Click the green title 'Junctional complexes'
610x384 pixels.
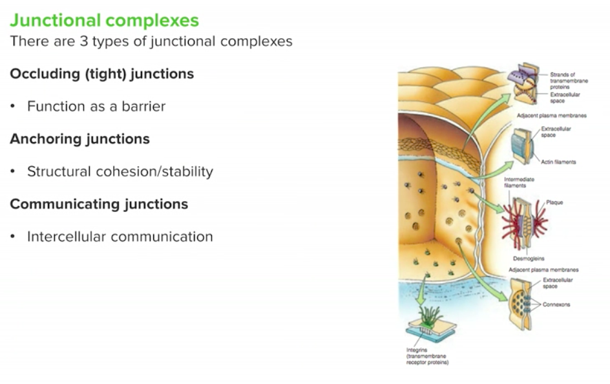104,20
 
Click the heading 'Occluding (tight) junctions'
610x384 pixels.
101,74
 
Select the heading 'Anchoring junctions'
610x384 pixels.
79,139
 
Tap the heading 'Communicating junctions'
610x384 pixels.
99,204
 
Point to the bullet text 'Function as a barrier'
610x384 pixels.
96,107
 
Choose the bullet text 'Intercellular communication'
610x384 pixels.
120,237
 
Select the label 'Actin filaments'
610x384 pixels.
559,162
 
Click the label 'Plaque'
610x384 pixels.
554,202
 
